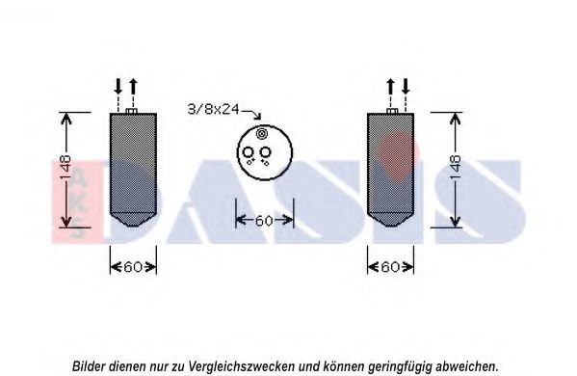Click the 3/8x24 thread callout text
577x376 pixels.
click(x=214, y=109)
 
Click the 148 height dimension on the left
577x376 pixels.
click(x=66, y=168)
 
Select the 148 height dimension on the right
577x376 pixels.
click(x=456, y=168)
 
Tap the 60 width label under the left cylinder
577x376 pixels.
click(x=133, y=267)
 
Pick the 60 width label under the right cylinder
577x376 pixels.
click(x=390, y=267)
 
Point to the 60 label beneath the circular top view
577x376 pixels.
click(x=264, y=221)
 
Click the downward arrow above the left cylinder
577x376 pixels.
click(x=118, y=87)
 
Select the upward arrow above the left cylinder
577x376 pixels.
click(x=133, y=87)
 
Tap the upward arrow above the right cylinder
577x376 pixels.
click(x=390, y=87)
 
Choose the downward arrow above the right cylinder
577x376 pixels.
click(x=406, y=87)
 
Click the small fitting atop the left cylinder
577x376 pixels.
click(x=131, y=111)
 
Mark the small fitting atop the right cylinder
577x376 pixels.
click(x=392, y=111)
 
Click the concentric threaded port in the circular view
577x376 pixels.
click(x=261, y=134)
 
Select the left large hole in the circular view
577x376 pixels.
click(x=248, y=152)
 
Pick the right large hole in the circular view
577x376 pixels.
click(x=265, y=152)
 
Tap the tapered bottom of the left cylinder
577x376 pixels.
click(x=133, y=220)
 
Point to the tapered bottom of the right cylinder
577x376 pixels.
click(x=390, y=220)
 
